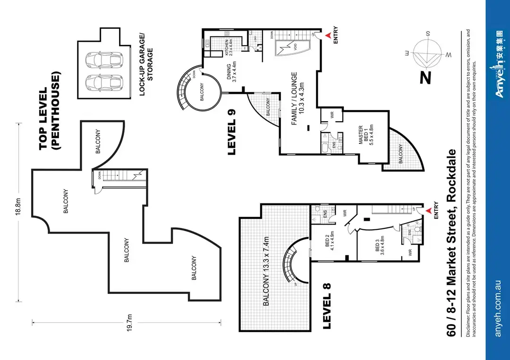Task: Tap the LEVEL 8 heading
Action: pos(326,305)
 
